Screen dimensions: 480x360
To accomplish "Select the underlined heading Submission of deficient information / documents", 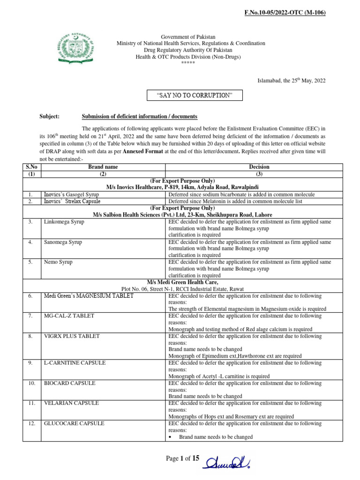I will [139, 116].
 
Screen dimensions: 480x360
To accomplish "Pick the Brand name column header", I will [103, 166].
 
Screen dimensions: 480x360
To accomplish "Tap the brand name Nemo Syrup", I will [58, 262].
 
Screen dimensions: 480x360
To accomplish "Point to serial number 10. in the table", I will [31, 383].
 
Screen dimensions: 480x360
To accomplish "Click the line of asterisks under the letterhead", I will [191, 63].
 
